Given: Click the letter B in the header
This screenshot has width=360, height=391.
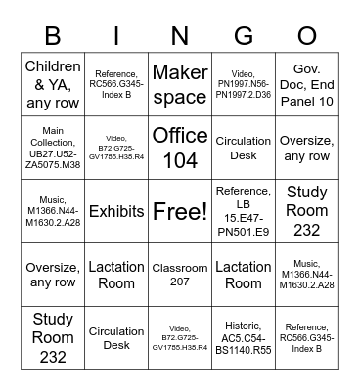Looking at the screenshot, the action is tap(53, 36).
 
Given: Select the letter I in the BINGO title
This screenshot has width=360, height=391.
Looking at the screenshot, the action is tap(116, 36).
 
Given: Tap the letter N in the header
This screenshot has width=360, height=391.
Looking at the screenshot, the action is tap(180, 36).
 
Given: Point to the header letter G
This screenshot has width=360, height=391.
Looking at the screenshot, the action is tap(244, 36).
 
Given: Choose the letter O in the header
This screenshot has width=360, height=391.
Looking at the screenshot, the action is tap(306, 36).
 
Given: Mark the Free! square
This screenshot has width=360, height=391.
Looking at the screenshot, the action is tap(180, 211).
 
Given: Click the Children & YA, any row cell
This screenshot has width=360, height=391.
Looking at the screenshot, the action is tap(53, 84).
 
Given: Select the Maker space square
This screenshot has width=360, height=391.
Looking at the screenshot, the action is tap(180, 84).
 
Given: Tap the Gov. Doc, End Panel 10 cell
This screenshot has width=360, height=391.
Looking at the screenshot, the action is tap(306, 84).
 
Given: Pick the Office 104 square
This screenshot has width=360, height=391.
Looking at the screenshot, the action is tap(180, 148).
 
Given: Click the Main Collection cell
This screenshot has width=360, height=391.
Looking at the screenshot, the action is tap(53, 148).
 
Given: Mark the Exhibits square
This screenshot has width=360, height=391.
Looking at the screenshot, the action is tap(116, 211).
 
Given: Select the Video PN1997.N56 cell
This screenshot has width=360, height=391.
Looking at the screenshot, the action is tap(244, 84).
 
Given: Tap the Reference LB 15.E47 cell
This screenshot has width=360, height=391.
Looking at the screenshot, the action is tap(244, 211).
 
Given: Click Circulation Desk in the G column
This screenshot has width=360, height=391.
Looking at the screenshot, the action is tap(244, 148).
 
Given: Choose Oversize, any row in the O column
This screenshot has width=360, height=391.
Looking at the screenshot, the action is tap(306, 148).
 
